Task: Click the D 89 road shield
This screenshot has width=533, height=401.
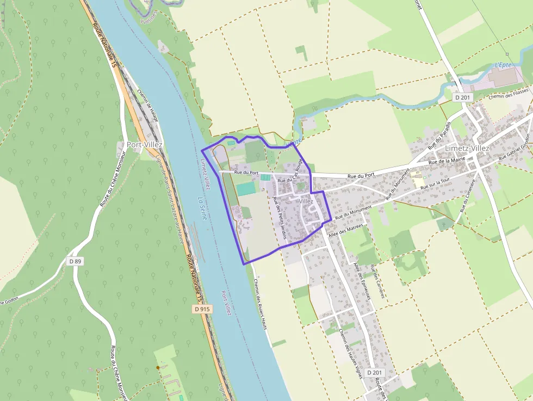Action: point(75,261)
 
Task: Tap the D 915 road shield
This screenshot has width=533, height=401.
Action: point(202,309)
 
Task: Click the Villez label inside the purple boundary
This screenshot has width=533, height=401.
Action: point(306,201)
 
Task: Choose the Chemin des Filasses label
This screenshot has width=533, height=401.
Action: point(509,94)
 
